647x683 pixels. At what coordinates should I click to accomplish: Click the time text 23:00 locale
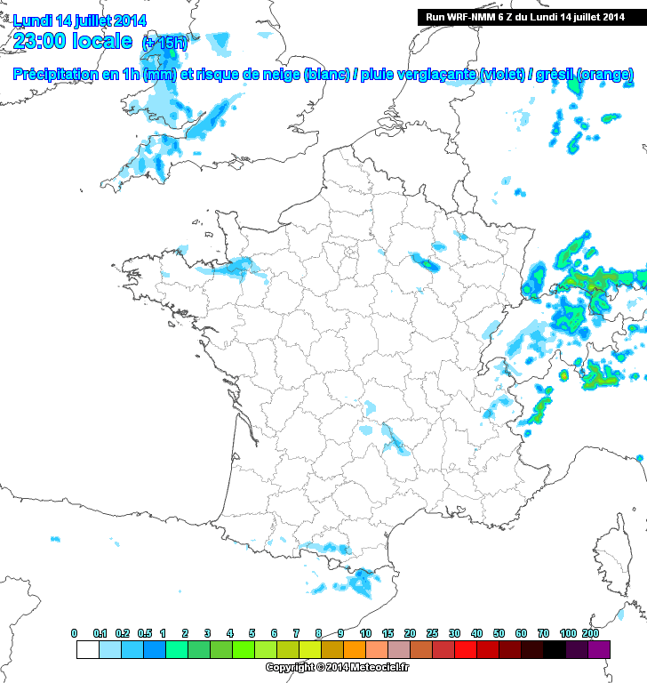(73, 40)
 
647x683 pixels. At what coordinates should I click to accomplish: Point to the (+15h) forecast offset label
(164, 43)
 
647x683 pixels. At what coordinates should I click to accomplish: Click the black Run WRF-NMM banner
(525, 17)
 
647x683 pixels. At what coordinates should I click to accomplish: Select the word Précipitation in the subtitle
(58, 75)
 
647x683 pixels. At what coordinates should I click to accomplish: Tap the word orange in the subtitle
(604, 75)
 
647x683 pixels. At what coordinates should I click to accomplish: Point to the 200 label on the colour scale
(589, 633)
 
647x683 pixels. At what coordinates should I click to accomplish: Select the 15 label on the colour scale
(387, 633)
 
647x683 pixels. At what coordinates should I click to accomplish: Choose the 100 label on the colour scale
(566, 633)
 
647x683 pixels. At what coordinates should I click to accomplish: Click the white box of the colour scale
(87, 649)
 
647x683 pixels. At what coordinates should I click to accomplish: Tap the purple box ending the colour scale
(599, 649)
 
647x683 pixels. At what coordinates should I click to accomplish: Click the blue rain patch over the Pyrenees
(361, 583)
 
